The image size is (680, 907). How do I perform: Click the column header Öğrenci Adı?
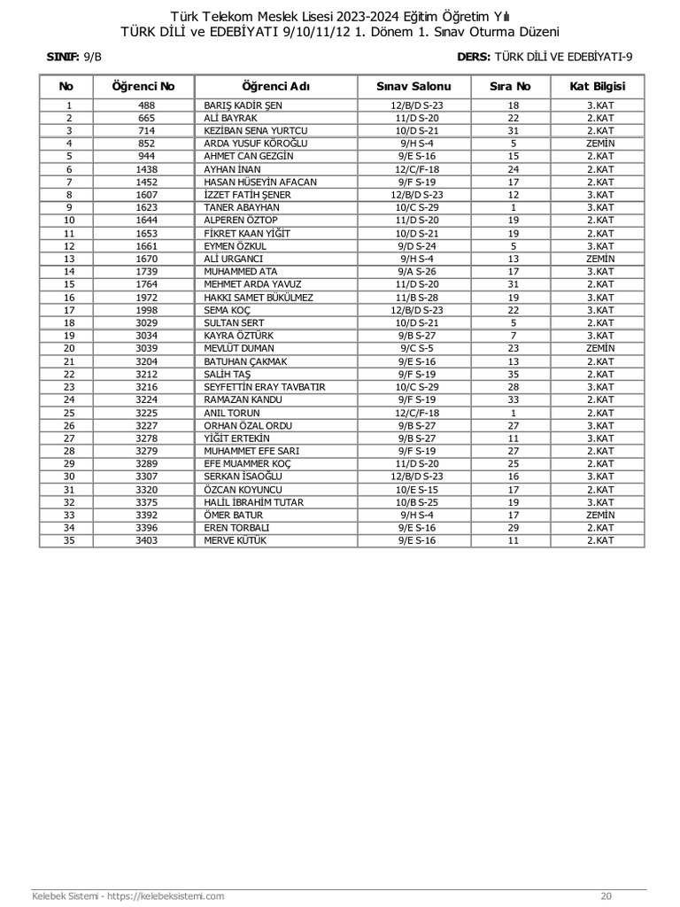pyautogui.click(x=275, y=87)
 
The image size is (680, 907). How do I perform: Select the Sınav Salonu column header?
pyautogui.click(x=413, y=87)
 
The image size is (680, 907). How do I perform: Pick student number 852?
pyautogui.click(x=147, y=143)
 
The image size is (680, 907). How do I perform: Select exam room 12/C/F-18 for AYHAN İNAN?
pyautogui.click(x=414, y=168)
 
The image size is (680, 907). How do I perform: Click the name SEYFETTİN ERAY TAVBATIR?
pyautogui.click(x=265, y=387)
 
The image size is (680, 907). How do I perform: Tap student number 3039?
pyautogui.click(x=147, y=348)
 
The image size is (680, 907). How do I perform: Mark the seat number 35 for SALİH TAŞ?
pyautogui.click(x=513, y=374)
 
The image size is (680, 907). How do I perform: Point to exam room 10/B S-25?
pyautogui.click(x=414, y=502)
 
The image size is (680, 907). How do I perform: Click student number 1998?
pyautogui.click(x=147, y=310)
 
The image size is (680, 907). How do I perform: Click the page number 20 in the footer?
pyautogui.click(x=606, y=895)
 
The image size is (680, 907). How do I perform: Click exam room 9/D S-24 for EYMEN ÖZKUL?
pyautogui.click(x=414, y=245)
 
